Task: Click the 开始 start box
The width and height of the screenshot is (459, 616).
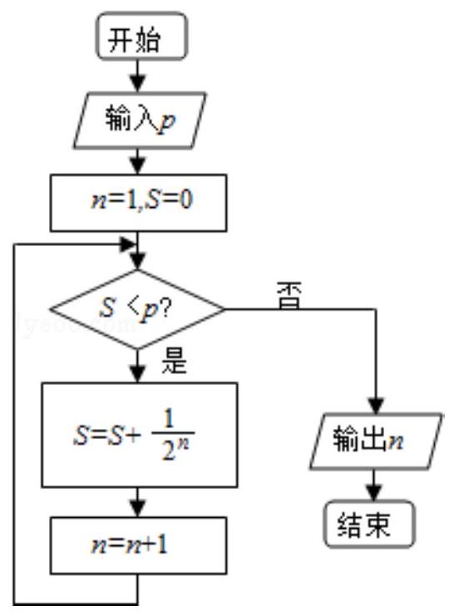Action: click(142, 36)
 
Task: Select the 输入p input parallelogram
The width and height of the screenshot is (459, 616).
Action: click(140, 121)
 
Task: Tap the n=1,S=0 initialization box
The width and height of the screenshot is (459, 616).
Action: click(138, 203)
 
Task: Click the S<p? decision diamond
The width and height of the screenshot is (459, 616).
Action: click(137, 309)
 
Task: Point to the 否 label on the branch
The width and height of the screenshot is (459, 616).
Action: click(289, 295)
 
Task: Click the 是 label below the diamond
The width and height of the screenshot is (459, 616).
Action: click(175, 361)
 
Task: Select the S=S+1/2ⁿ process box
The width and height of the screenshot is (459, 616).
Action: click(140, 435)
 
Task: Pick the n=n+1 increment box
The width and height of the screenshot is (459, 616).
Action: click(138, 545)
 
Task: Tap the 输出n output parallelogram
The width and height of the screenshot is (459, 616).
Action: click(376, 441)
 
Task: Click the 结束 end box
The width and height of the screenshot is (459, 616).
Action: click(369, 524)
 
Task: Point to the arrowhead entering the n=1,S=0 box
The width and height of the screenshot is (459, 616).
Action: click(137, 165)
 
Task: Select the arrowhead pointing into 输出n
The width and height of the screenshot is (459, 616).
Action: click(376, 405)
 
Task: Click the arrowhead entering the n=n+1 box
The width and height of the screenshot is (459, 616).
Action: click(137, 509)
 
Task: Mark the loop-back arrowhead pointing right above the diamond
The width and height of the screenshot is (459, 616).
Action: click(128, 244)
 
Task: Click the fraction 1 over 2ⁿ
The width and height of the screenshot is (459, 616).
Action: click(173, 434)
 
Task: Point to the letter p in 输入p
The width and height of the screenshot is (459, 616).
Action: click(166, 122)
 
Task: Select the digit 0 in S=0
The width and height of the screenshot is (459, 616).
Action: click(186, 200)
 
